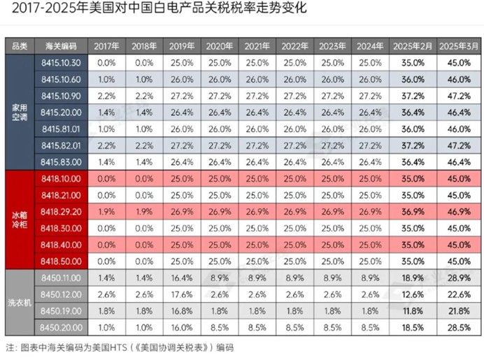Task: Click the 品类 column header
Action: pyautogui.click(x=20, y=46)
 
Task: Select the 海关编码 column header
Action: pyautogui.click(x=61, y=46)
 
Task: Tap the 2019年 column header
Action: pyautogui.click(x=182, y=46)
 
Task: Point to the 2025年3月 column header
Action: pyautogui.click(x=459, y=46)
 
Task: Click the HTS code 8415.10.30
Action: pyautogui.click(x=61, y=63)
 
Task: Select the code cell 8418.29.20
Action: pyautogui.click(x=61, y=212)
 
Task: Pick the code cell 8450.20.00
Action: pyautogui.click(x=61, y=328)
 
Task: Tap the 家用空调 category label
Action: pyautogui.click(x=20, y=113)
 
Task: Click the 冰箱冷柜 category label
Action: pyautogui.click(x=20, y=219)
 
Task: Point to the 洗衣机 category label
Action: pyautogui.click(x=20, y=303)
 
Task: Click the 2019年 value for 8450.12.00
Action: pyautogui.click(x=182, y=294)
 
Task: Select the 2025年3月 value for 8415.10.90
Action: pyautogui.click(x=459, y=96)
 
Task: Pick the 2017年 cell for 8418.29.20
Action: pyautogui.click(x=106, y=212)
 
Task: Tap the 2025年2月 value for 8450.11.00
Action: pyautogui.click(x=413, y=278)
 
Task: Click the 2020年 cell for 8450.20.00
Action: pyautogui.click(x=220, y=328)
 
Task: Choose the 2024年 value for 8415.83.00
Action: pyautogui.click(x=370, y=162)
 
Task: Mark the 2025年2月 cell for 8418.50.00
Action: pyautogui.click(x=413, y=261)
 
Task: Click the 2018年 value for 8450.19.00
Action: pyautogui.click(x=144, y=311)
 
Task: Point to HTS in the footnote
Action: pyautogui.click(x=119, y=347)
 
